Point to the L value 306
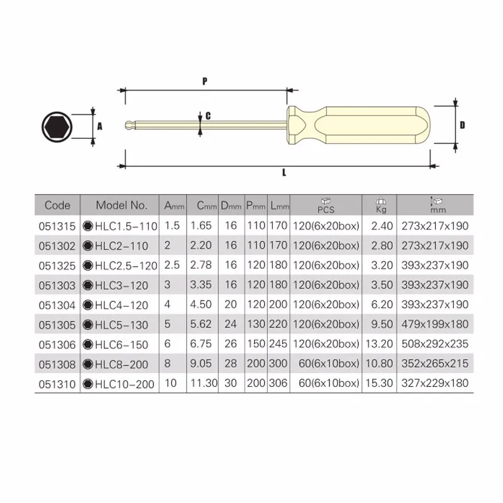click(279, 384)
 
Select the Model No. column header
click(121, 205)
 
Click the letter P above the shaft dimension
click(204, 81)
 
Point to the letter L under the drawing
click(284, 172)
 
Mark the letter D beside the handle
click(462, 125)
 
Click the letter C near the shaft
click(207, 116)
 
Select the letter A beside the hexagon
click(99, 126)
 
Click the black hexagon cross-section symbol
click(57, 126)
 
